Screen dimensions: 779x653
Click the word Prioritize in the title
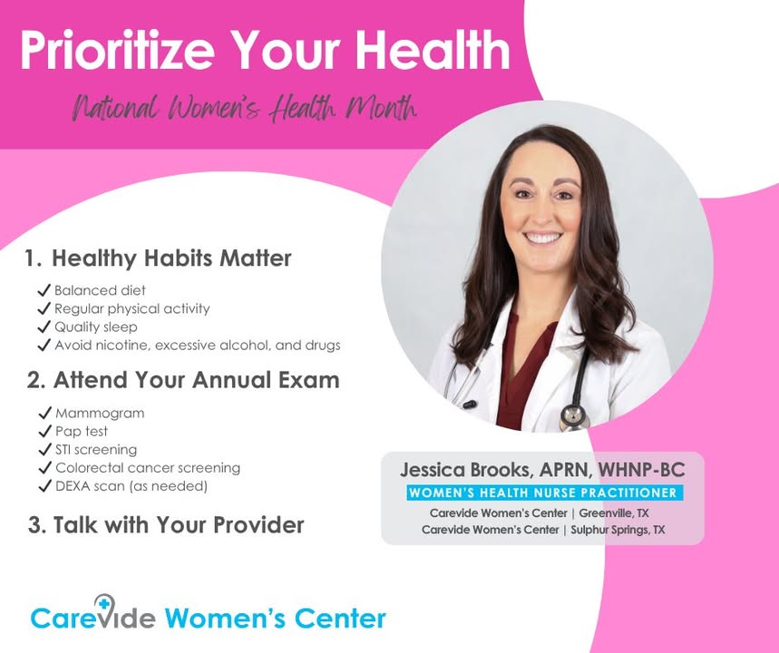(117, 51)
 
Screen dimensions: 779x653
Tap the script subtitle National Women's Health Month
(245, 108)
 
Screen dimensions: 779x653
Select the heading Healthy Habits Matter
(171, 258)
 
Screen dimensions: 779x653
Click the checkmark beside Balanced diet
(44, 290)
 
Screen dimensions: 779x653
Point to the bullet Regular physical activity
(132, 308)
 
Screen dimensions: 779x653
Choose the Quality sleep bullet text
(96, 327)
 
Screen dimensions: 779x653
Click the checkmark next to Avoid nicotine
(44, 345)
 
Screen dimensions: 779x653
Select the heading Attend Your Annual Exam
(196, 380)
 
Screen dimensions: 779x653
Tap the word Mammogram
(100, 413)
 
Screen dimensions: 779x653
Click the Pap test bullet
(82, 432)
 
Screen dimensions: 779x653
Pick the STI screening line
(96, 450)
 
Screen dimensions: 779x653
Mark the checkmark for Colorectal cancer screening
(45, 468)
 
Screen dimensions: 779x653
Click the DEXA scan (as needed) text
(131, 486)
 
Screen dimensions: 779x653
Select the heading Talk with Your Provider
(179, 525)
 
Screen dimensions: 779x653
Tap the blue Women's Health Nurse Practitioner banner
(545, 492)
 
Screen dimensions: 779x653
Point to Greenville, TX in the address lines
(614, 512)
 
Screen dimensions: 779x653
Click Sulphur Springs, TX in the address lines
(618, 530)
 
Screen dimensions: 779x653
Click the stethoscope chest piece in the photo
(574, 417)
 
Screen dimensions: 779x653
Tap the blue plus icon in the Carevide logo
(103, 604)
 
